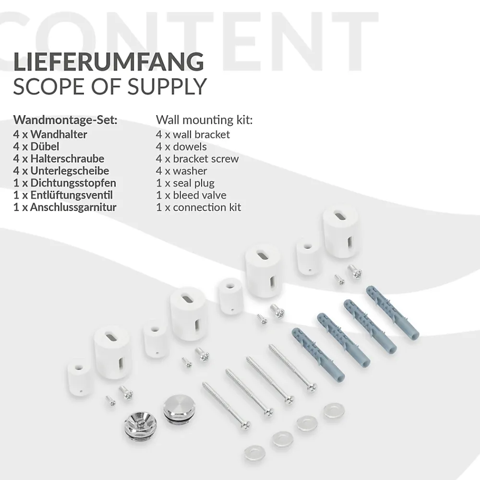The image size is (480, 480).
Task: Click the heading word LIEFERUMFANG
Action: [x=108, y=62]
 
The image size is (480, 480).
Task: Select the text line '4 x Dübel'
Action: [x=36, y=146]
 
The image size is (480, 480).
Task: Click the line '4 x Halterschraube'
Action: [x=59, y=158]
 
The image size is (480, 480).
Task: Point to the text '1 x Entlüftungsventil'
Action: [x=63, y=195]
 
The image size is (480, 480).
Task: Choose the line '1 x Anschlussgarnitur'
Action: [x=65, y=207]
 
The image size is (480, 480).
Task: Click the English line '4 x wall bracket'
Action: [x=193, y=134]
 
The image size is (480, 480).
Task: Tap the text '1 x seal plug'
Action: [x=185, y=183]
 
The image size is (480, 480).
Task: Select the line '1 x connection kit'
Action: [x=199, y=207]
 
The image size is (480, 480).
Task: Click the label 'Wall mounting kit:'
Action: [x=204, y=120]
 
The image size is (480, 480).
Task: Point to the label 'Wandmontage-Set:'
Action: [x=65, y=120]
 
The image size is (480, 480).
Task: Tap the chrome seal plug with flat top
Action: [x=177, y=409]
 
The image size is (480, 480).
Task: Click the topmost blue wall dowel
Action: [x=393, y=312]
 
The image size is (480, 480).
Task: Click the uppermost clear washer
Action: [x=334, y=410]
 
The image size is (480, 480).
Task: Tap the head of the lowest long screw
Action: [x=245, y=425]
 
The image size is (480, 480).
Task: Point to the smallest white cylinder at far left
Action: [x=79, y=377]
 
